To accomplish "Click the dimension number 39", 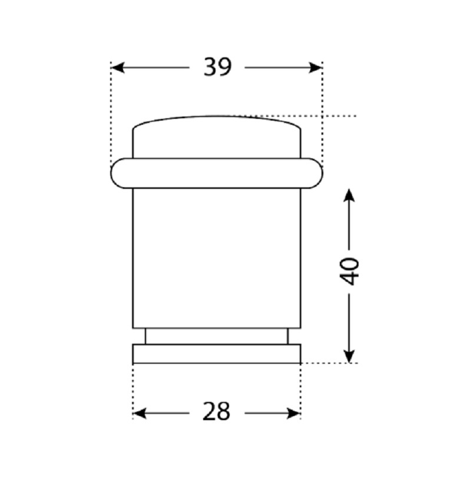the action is (217, 67).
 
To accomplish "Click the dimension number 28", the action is (216, 412).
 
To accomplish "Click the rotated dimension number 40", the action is (349, 272).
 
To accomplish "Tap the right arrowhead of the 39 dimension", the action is (316, 68).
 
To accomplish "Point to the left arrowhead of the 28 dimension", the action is (140, 414).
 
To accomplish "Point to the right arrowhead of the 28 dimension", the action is (293, 414).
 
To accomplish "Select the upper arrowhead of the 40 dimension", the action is (349, 195).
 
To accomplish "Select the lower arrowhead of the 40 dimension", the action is (349, 356).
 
